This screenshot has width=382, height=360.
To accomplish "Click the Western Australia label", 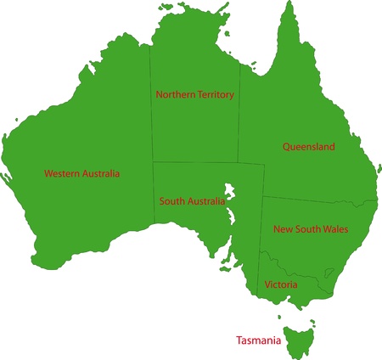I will point(81,173).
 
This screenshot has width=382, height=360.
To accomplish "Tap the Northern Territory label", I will point(194,95).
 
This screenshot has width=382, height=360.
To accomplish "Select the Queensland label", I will point(308,147).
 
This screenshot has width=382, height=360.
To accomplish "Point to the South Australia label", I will point(192,201).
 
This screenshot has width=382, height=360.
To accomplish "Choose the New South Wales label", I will point(311,229).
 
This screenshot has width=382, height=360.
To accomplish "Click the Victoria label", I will point(281,284).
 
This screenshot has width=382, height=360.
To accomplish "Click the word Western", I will point(62,173).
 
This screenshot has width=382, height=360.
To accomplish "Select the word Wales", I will point(335,229).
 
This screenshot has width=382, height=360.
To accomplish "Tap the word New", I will point(282,229).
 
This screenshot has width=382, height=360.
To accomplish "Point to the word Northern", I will point(175,95).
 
